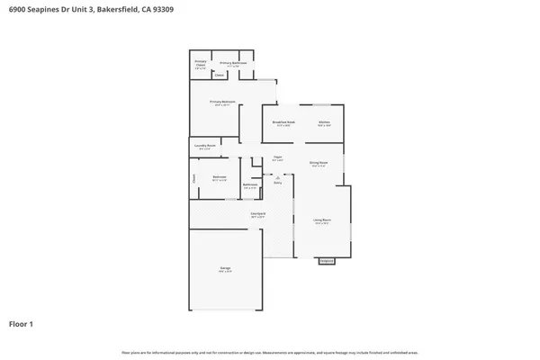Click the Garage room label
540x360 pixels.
pyautogui.click(x=225, y=268)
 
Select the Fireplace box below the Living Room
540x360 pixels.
pyautogui.click(x=326, y=261)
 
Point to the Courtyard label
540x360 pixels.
pyautogui.click(x=256, y=214)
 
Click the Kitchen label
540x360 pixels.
pyautogui.click(x=324, y=122)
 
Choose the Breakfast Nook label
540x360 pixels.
pyautogui.click(x=283, y=122)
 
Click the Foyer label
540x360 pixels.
pyautogui.click(x=278, y=158)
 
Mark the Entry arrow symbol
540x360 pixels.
pyautogui.click(x=278, y=177)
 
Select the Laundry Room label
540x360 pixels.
pyautogui.click(x=204, y=146)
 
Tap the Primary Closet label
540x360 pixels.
pyautogui.click(x=201, y=64)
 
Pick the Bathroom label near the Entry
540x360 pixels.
pyautogui.click(x=250, y=185)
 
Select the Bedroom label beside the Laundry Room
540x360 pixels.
pyautogui.click(x=219, y=177)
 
